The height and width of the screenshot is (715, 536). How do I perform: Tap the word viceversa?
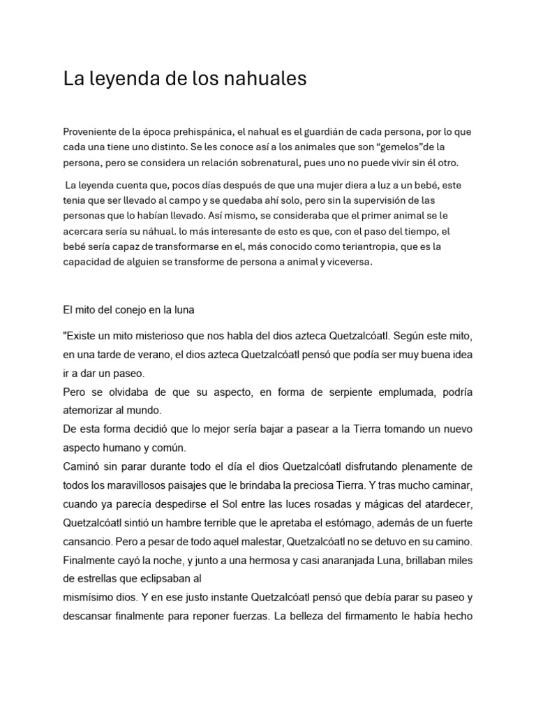[x=348, y=262]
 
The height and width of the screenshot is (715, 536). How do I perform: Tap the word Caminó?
[x=83, y=466]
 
